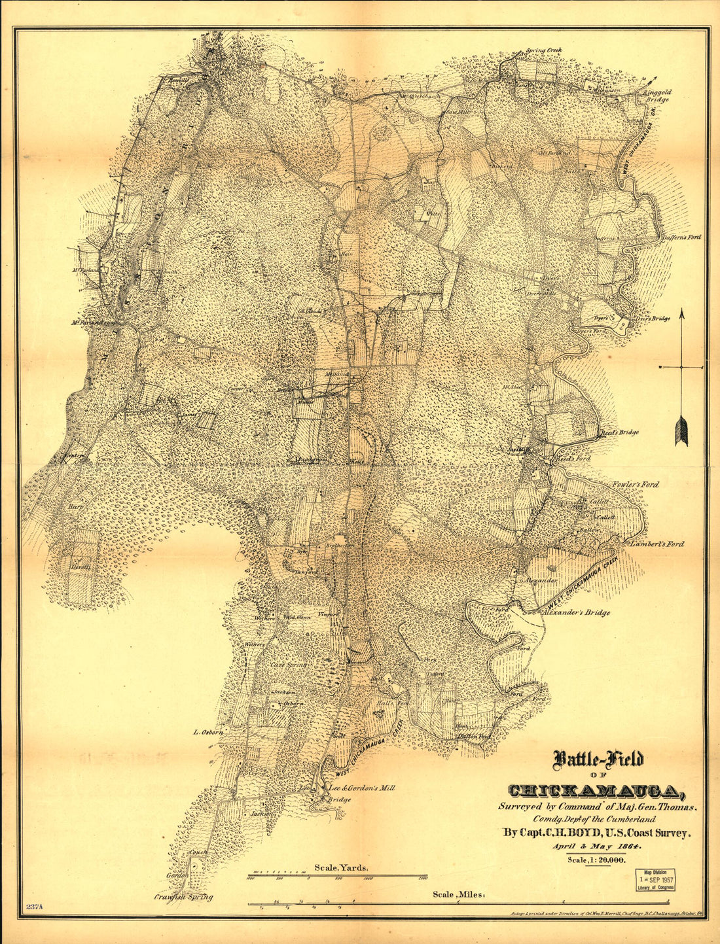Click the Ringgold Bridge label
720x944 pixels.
(657, 96)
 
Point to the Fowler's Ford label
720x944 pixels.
(636, 485)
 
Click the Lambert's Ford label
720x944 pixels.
(657, 544)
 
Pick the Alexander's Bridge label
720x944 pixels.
(577, 613)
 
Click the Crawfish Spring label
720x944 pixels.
(184, 898)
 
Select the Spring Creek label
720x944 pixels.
(543, 50)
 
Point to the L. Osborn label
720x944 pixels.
(209, 732)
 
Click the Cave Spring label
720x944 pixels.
(288, 665)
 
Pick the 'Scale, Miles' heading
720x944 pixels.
(458, 894)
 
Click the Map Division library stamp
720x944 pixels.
(657, 880)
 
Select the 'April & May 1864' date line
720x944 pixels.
(598, 847)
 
